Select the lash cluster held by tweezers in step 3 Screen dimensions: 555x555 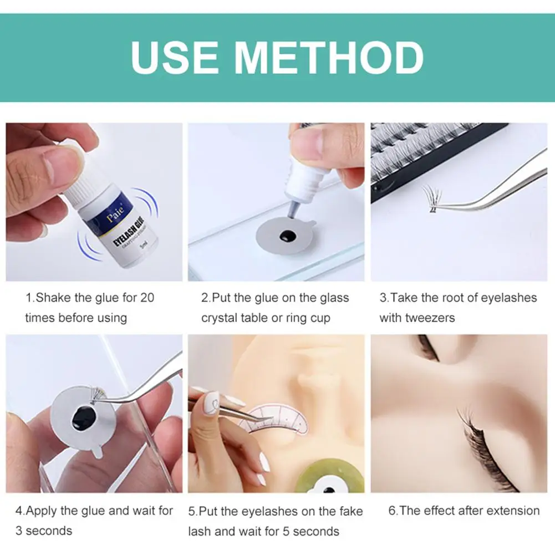(x=432, y=198)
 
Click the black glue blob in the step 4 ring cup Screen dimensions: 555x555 (x=83, y=418)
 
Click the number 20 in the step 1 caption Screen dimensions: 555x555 (x=147, y=298)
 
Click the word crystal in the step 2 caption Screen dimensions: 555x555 (x=219, y=318)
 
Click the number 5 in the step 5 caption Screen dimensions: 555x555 (x=286, y=531)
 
